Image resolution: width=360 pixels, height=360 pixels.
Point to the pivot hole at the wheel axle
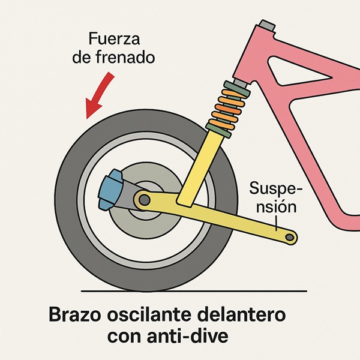(142, 197)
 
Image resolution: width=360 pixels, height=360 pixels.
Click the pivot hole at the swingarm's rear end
(290, 238)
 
